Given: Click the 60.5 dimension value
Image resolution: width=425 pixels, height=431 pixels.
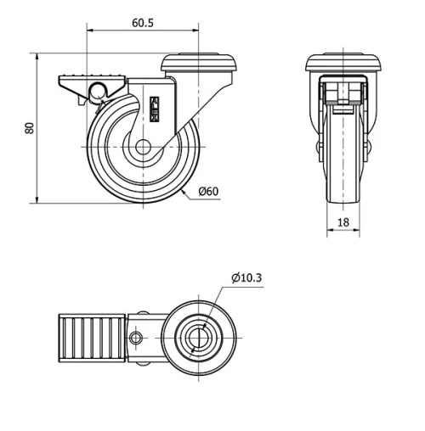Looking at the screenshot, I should click(x=142, y=24).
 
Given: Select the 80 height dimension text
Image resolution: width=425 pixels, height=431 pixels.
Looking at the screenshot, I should click(x=29, y=128).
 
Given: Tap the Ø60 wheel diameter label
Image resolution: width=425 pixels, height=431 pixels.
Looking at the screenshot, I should click(x=208, y=191).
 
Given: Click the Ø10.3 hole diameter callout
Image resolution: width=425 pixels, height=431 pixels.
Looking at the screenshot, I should click(x=246, y=277).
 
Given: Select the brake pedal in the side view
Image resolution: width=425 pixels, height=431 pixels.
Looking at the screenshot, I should click(x=91, y=84).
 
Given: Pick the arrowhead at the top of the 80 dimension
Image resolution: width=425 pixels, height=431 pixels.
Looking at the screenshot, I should click(x=39, y=56).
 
